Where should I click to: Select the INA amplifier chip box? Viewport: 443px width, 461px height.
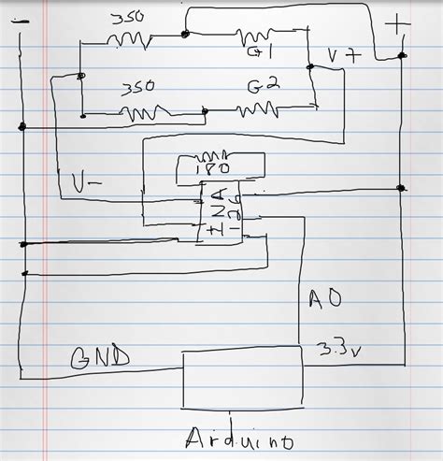point(221,213)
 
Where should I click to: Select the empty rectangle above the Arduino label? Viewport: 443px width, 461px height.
point(242,380)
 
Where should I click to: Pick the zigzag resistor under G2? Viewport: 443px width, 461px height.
point(258,110)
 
